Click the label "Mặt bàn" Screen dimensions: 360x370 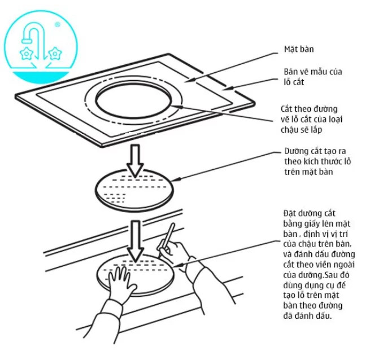tap(298, 49)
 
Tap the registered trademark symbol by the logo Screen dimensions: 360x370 tap(58, 25)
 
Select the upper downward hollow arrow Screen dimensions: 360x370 tap(134, 159)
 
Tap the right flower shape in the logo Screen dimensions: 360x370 tap(54, 54)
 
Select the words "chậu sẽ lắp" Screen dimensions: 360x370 tap(301, 129)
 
